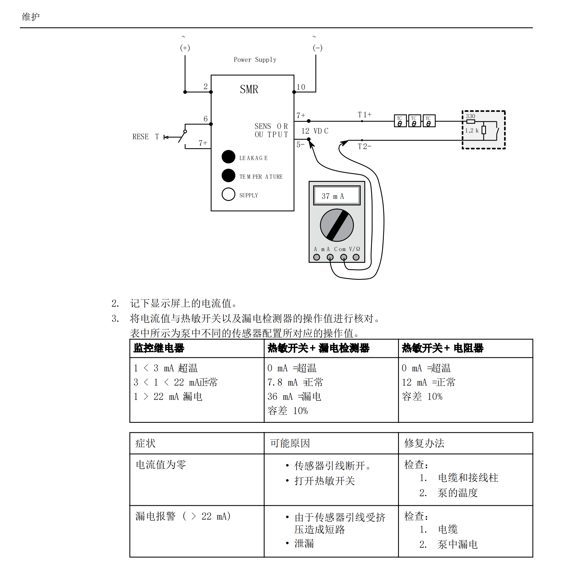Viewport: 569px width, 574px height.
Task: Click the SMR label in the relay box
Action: point(249,89)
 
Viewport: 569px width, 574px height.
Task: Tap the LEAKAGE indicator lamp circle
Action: point(228,157)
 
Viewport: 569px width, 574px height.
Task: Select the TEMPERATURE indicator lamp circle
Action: point(228,175)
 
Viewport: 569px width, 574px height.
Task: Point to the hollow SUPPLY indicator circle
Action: point(228,194)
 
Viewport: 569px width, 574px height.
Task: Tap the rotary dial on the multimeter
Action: point(336,225)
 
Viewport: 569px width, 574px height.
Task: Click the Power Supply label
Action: point(255,60)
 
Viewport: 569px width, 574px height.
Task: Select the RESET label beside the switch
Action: point(146,137)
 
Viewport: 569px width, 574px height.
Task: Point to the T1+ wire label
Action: point(365,115)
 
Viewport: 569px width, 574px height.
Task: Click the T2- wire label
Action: point(365,146)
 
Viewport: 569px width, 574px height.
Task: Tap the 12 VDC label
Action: point(314,131)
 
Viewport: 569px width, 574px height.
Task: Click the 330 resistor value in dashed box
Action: point(470,116)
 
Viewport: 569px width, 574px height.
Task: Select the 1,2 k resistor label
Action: point(471,130)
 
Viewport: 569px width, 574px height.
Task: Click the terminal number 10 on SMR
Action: point(301,87)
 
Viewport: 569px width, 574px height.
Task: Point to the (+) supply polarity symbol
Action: point(185,48)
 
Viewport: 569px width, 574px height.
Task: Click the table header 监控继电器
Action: point(159,348)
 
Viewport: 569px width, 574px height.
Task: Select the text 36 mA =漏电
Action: point(294,396)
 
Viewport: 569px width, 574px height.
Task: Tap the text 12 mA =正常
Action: point(428,382)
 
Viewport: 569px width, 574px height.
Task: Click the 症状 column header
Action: point(145,443)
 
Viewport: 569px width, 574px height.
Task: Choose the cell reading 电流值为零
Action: point(161,465)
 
